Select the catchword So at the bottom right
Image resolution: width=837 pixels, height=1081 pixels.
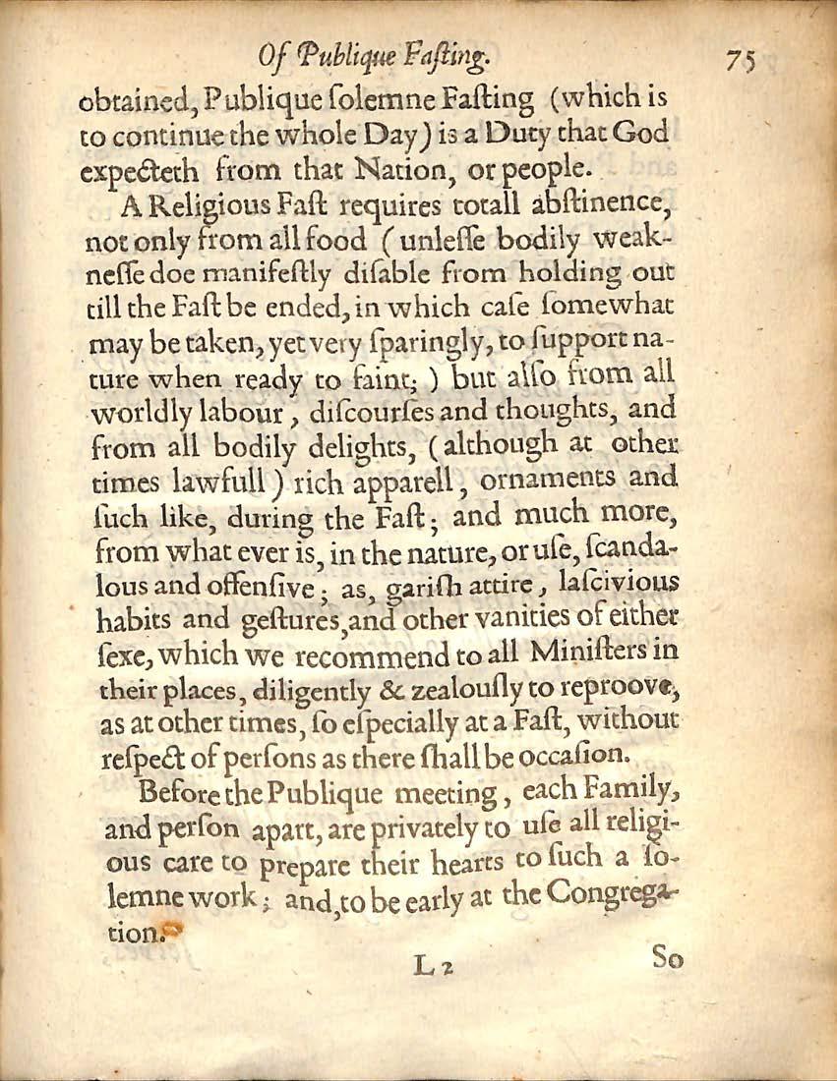pos(668,960)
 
